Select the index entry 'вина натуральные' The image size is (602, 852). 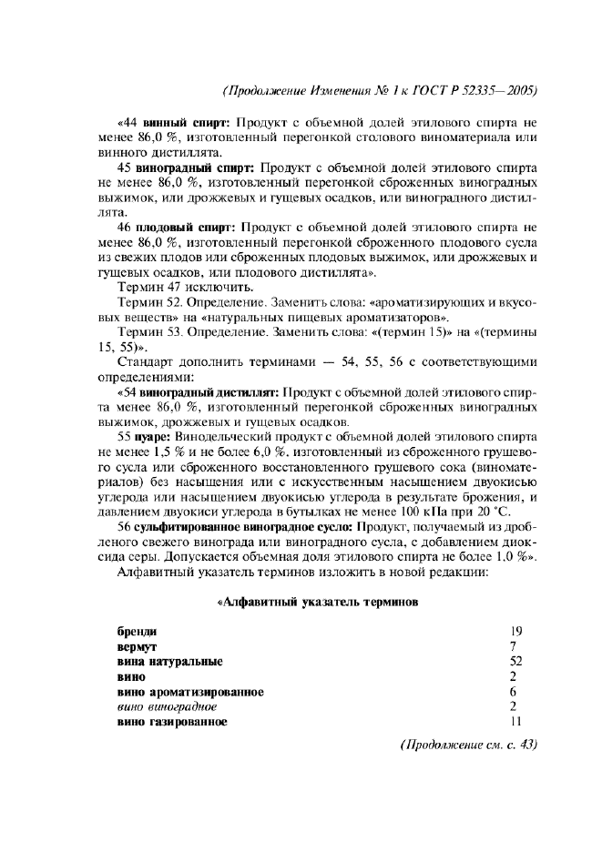[169, 662]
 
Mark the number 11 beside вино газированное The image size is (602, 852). [515, 722]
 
